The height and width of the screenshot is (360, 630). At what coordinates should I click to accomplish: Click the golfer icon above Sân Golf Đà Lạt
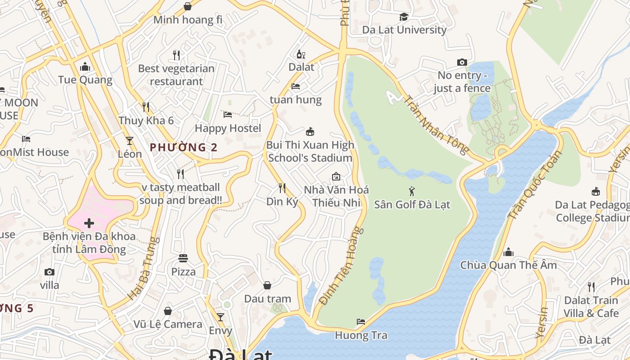tap(411, 191)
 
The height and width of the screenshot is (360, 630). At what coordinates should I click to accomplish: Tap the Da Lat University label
tap(404, 30)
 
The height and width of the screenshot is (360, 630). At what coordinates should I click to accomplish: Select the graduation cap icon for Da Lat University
tap(404, 17)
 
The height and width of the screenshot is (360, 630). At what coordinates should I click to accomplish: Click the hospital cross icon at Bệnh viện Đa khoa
tap(89, 223)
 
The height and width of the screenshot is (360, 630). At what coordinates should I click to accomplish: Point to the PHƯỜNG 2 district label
tap(184, 147)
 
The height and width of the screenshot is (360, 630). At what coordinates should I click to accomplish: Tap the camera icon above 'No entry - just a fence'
tap(462, 62)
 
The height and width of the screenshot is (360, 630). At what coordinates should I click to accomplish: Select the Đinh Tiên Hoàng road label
tap(341, 265)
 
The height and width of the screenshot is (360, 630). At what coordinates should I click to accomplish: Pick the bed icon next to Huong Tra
tap(361, 321)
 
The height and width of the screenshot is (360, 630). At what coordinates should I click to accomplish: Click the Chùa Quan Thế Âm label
tap(508, 265)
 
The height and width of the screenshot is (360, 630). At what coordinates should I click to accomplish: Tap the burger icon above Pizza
tap(183, 258)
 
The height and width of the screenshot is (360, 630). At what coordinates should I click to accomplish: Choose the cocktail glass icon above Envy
tap(220, 317)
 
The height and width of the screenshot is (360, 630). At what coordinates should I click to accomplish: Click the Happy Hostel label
tap(228, 128)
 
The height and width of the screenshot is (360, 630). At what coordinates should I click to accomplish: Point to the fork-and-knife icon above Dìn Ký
tap(282, 187)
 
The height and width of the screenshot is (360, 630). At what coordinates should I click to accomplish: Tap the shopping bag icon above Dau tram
tap(267, 285)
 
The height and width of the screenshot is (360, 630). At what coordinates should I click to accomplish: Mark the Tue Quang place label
tap(85, 80)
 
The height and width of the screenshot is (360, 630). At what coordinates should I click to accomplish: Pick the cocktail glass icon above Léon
tap(130, 140)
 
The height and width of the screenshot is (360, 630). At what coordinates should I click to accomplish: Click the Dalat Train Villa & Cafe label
tap(591, 306)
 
